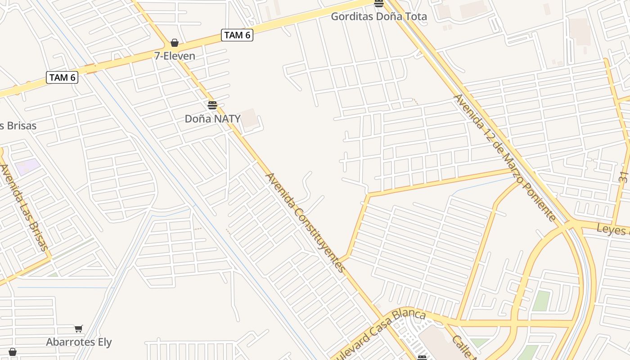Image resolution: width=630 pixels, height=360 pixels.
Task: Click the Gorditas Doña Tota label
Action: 379,17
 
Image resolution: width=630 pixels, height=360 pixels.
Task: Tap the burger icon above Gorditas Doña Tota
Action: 379,4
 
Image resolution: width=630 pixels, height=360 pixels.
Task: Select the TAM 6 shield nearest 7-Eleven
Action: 237,35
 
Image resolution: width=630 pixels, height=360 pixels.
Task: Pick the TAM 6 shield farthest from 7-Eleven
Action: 62,77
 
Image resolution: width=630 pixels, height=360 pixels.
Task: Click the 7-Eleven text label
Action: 175,56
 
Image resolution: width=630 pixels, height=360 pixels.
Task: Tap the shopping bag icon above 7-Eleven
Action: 175,43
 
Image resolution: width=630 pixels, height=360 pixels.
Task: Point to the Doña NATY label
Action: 212,119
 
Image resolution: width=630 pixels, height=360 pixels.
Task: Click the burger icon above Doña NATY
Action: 212,106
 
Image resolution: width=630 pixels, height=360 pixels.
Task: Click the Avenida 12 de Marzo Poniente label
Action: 505,157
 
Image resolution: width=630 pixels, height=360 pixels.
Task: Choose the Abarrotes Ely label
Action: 79,342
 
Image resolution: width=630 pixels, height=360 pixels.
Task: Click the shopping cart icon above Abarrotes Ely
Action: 79,329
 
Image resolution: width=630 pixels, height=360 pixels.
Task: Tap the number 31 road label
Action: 623,173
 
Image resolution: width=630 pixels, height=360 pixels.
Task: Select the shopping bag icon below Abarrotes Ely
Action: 13,352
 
